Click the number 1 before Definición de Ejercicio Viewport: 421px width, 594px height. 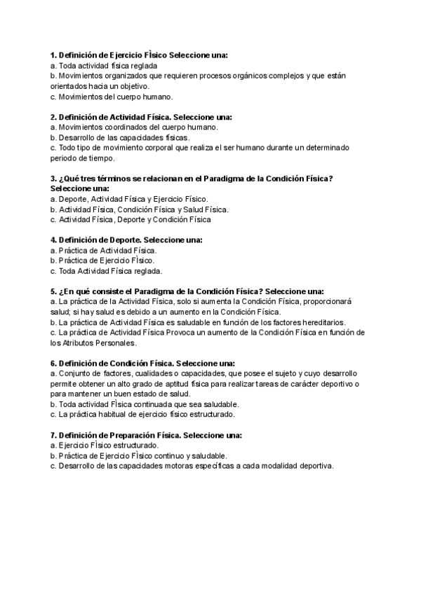click(x=53, y=55)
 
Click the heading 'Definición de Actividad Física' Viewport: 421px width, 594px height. click(x=115, y=117)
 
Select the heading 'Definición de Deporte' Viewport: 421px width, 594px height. click(x=98, y=240)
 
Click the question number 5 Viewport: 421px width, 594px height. click(x=53, y=291)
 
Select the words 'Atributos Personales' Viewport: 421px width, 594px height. click(x=98, y=343)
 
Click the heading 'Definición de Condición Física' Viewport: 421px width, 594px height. click(x=115, y=364)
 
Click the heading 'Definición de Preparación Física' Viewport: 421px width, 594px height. click(x=119, y=435)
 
